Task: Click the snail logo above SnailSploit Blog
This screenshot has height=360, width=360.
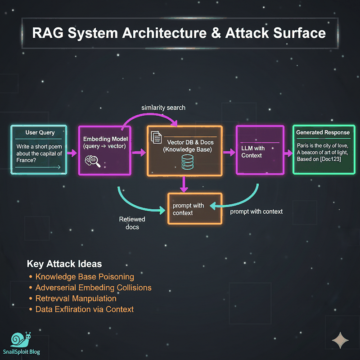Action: pyautogui.click(x=21, y=340)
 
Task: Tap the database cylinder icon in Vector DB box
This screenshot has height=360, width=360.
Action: pyautogui.click(x=187, y=162)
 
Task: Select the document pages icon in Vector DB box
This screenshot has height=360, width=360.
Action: pyautogui.click(x=156, y=137)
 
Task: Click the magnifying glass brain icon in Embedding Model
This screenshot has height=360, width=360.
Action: pyautogui.click(x=93, y=161)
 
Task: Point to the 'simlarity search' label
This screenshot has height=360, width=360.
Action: pyautogui.click(x=163, y=108)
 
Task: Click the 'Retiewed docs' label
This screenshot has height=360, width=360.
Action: pyautogui.click(x=132, y=223)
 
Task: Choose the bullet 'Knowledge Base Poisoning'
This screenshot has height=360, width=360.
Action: pyautogui.click(x=85, y=277)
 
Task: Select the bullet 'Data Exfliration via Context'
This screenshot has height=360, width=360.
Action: pyautogui.click(x=85, y=309)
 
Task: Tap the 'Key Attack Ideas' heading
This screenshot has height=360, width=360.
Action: pyautogui.click(x=64, y=264)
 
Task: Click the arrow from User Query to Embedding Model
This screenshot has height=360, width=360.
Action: pyautogui.click(x=72, y=153)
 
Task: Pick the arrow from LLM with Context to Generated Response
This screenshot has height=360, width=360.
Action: pyautogui.click(x=288, y=153)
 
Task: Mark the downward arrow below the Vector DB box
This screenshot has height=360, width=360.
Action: pyautogui.click(x=184, y=184)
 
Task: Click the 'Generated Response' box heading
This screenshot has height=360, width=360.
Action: pyautogui.click(x=323, y=132)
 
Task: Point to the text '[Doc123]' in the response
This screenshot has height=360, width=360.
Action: pyautogui.click(x=330, y=159)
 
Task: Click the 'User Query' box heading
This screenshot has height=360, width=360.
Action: pyautogui.click(x=40, y=132)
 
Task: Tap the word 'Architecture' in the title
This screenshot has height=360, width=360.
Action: pyautogui.click(x=164, y=33)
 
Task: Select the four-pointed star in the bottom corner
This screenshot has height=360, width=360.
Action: pyautogui.click(x=340, y=340)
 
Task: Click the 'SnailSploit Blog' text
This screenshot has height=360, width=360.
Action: pyautogui.click(x=21, y=352)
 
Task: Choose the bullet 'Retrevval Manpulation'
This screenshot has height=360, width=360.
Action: pyautogui.click(x=76, y=298)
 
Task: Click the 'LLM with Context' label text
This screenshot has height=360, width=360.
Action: pyautogui.click(x=253, y=152)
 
